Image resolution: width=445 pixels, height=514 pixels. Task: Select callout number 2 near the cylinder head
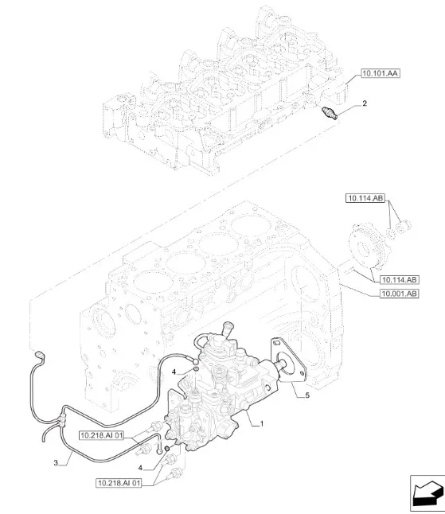coord(365,103)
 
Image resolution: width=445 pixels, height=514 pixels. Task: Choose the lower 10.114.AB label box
coord(400,280)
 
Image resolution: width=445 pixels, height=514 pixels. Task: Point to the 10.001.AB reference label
coord(400,294)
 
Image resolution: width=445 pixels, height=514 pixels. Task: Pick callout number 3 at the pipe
coord(55,462)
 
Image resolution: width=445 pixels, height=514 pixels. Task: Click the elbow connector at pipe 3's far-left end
coord(40,351)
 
